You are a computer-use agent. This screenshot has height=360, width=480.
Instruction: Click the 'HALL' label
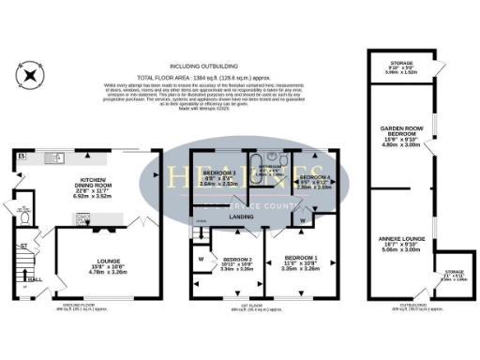[x=34, y=278]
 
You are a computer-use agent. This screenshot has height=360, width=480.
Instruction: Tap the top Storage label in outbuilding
[x=397, y=67]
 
